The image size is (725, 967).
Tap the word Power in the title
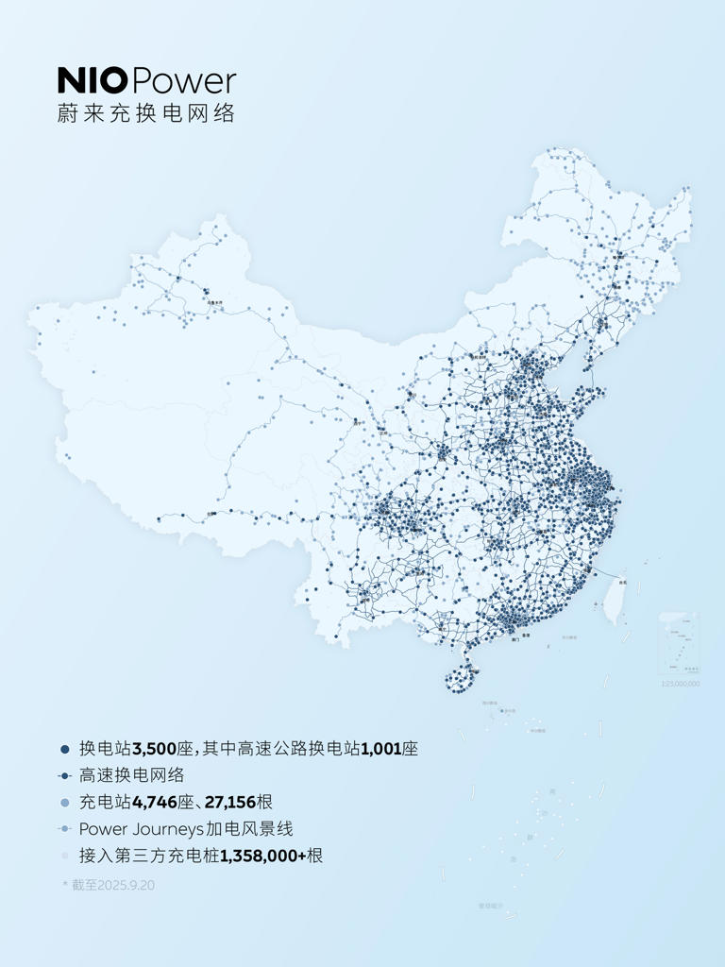coord(185,79)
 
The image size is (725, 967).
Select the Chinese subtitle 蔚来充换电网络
coord(145,112)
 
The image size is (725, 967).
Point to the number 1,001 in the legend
coord(381,749)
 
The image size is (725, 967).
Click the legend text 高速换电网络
coord(131,775)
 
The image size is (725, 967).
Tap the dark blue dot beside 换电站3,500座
coord(64,749)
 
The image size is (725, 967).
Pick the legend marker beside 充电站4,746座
coord(64,803)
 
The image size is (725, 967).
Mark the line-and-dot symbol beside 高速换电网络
coord(64,775)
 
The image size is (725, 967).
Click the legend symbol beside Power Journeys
coord(64,829)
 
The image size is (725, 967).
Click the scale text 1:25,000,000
coord(680,683)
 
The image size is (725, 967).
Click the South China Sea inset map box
coord(680,643)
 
